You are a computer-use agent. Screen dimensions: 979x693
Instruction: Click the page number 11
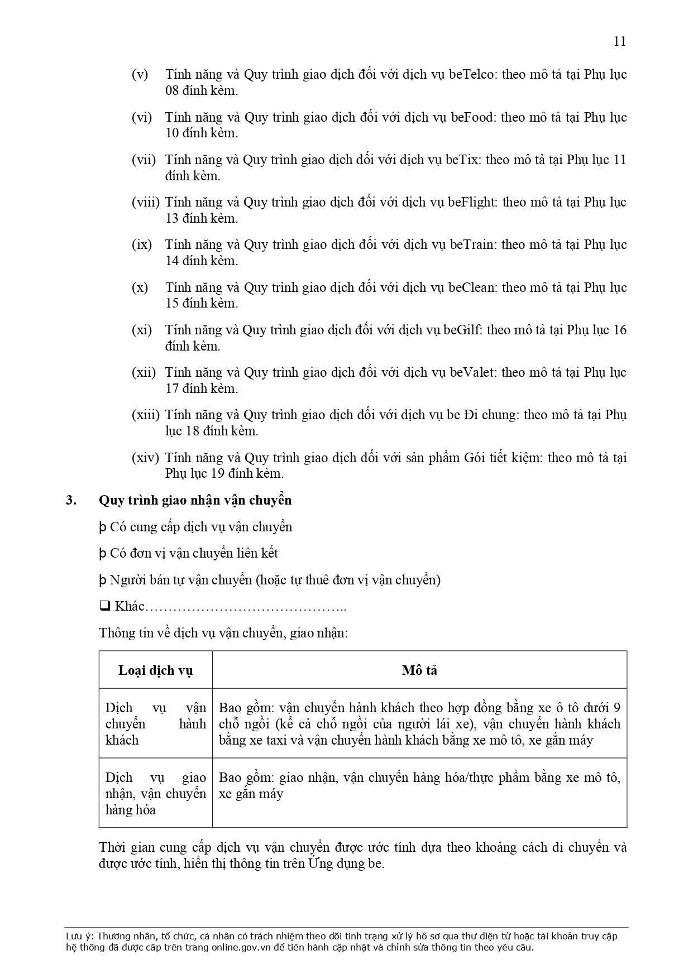(x=619, y=41)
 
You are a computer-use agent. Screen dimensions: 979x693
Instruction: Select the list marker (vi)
(x=142, y=117)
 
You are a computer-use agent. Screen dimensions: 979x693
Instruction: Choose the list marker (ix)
(x=142, y=244)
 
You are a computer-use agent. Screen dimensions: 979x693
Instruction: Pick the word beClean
(x=471, y=287)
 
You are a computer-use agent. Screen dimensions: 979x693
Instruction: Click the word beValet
(x=471, y=372)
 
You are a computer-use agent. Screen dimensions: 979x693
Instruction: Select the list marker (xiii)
(x=146, y=415)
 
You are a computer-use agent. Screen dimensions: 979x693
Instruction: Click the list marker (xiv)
(x=145, y=458)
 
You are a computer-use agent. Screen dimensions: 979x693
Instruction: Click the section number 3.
(x=70, y=500)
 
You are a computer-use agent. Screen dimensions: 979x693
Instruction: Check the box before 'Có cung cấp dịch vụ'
(x=103, y=527)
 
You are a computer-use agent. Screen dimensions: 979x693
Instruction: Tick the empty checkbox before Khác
(x=104, y=606)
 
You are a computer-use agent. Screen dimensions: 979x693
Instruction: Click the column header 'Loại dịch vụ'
(x=155, y=670)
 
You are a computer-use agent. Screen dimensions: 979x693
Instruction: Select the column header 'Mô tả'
(x=419, y=670)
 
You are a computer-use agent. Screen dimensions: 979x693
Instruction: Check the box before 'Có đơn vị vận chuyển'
(x=103, y=554)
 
